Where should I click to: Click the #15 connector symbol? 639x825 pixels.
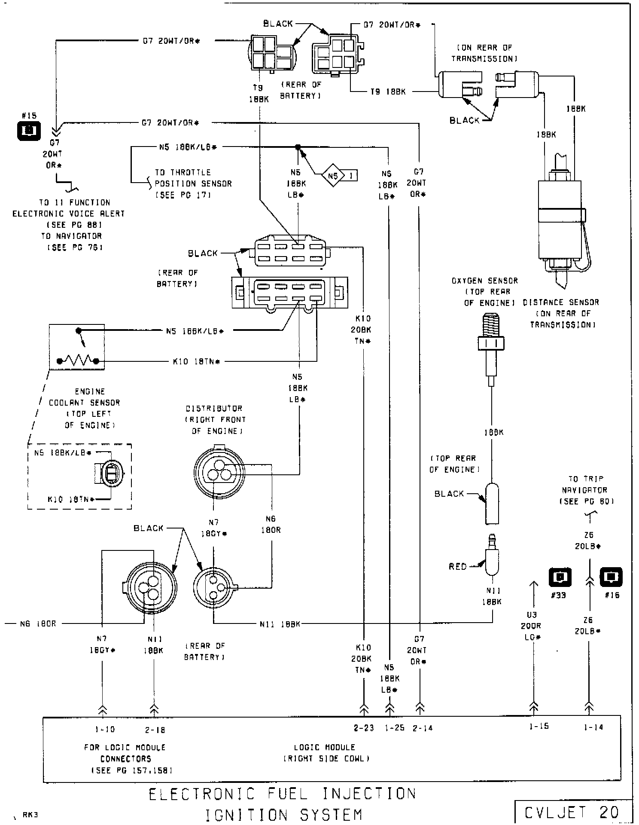pos(29,131)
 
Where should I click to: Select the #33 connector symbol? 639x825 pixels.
pos(560,577)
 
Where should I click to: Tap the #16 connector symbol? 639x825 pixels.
pos(611,577)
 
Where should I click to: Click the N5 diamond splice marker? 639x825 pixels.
pos(334,175)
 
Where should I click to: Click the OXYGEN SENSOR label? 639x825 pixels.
pos(484,281)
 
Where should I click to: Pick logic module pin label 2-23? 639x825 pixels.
pos(363,728)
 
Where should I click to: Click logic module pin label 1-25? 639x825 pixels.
pos(394,728)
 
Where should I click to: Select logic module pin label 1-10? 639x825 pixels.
pos(105,729)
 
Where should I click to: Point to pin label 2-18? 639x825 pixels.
pos(155,730)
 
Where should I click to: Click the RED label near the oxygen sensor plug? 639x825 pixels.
pos(458,566)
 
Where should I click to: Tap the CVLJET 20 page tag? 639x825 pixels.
pos(572,812)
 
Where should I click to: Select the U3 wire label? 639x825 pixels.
pos(532,615)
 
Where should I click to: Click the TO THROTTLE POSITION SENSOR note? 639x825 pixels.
pos(193,183)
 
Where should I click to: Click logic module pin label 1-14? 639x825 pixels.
pos(593,727)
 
